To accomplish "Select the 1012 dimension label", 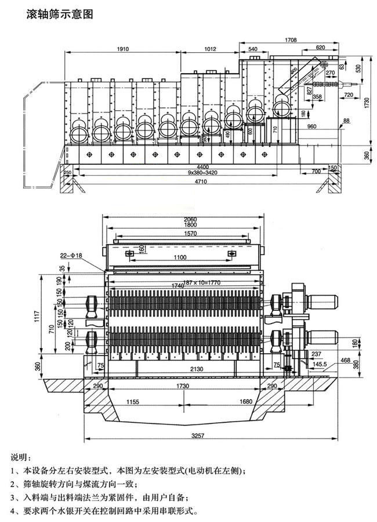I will (214, 48).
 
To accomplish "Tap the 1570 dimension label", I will (183, 233).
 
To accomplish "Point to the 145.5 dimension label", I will (320, 365).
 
